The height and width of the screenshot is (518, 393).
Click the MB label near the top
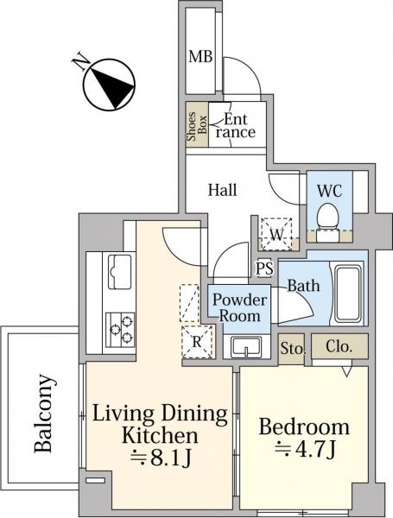pyautogui.click(x=200, y=56)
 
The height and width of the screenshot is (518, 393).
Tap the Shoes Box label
pyautogui.click(x=197, y=126)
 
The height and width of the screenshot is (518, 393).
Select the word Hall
pyautogui.click(x=223, y=190)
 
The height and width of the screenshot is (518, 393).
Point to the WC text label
pyautogui.click(x=329, y=191)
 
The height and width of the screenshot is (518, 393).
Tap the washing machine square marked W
pyautogui.click(x=276, y=234)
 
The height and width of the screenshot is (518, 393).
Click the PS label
pyautogui.click(x=265, y=268)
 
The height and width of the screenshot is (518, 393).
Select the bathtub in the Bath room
pyautogui.click(x=346, y=294)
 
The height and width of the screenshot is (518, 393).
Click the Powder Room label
pyautogui.click(x=239, y=308)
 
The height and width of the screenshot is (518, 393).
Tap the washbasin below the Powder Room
pyautogui.click(x=246, y=346)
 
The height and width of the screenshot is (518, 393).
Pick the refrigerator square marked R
pyautogui.click(x=197, y=342)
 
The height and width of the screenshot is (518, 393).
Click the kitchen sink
pyautogui.click(x=118, y=271)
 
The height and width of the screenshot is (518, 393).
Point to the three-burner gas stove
pyautogui.click(x=120, y=330)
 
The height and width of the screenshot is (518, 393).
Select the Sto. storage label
pyautogui.click(x=292, y=349)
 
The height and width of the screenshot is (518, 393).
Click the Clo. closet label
pyautogui.click(x=339, y=346)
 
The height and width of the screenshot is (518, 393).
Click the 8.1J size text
pyautogui.click(x=161, y=458)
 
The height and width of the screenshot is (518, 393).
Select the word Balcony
pyautogui.click(x=43, y=413)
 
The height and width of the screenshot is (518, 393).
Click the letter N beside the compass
pyautogui.click(x=80, y=62)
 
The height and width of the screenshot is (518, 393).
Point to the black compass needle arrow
pyautogui.click(x=111, y=86)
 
